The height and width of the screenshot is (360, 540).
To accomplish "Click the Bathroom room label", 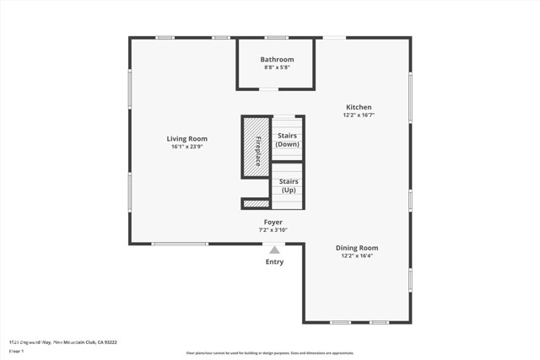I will [x=277, y=59].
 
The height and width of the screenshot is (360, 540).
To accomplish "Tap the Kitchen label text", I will [x=358, y=107].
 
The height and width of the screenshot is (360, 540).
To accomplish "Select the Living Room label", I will [x=186, y=138].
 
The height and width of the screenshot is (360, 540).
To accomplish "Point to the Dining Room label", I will [x=357, y=248].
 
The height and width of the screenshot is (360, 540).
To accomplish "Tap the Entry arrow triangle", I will [x=273, y=250].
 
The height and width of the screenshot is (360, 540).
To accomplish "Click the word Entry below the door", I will [x=275, y=262].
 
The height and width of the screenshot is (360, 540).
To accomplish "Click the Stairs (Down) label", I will [x=287, y=140].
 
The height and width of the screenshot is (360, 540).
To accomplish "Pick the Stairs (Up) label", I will [x=288, y=185].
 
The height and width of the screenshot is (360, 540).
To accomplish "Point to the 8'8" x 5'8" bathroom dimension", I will [x=277, y=68].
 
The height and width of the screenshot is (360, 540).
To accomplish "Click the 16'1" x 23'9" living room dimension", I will [x=186, y=147].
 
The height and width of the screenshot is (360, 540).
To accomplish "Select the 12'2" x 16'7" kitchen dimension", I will [x=358, y=116].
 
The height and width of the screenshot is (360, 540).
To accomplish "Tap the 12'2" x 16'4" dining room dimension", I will [x=357, y=256].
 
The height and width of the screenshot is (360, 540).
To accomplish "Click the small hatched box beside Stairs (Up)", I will [x=255, y=203].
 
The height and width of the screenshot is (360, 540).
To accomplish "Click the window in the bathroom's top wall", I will [x=276, y=37].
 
